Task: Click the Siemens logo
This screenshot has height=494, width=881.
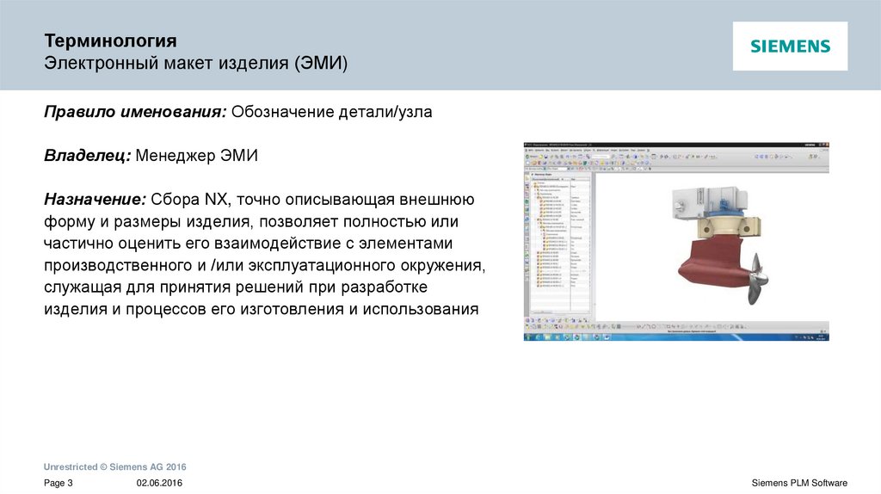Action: (x=790, y=46)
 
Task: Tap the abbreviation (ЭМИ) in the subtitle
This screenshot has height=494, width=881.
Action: (x=320, y=65)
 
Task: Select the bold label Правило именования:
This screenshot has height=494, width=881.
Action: (x=135, y=112)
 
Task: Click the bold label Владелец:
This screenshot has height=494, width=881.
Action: (x=87, y=156)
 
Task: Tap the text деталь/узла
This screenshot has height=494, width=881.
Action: (x=388, y=112)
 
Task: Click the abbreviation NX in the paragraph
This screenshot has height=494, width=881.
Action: (x=217, y=200)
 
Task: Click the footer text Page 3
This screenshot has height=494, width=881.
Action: (x=59, y=483)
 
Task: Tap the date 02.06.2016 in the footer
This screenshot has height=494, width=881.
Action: (x=159, y=483)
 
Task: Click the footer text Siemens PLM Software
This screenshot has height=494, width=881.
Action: (x=799, y=483)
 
